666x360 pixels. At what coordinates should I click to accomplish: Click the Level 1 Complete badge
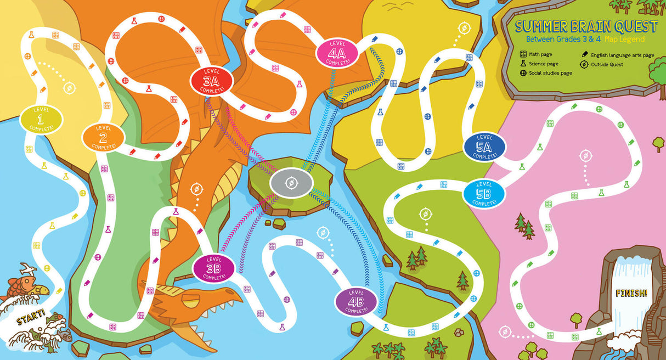click(x=42, y=119)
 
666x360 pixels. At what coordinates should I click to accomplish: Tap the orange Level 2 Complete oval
click(x=104, y=138)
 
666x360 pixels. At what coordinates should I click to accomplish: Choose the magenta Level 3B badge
click(x=213, y=268)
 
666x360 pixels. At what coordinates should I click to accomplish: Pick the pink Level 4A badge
click(x=337, y=53)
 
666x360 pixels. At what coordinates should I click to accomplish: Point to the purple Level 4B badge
click(x=356, y=301)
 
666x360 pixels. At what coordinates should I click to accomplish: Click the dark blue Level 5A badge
click(x=484, y=147)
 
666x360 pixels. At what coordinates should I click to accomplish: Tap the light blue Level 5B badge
click(x=483, y=194)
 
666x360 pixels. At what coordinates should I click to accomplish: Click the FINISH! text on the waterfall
click(x=631, y=292)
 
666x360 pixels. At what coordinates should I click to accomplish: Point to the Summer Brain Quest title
click(x=586, y=26)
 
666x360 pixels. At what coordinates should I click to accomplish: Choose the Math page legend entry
click(x=540, y=54)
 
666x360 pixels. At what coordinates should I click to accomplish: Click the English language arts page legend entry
click(x=618, y=55)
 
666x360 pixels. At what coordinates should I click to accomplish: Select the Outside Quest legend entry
click(x=607, y=64)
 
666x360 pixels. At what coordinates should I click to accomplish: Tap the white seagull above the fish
click(x=27, y=269)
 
